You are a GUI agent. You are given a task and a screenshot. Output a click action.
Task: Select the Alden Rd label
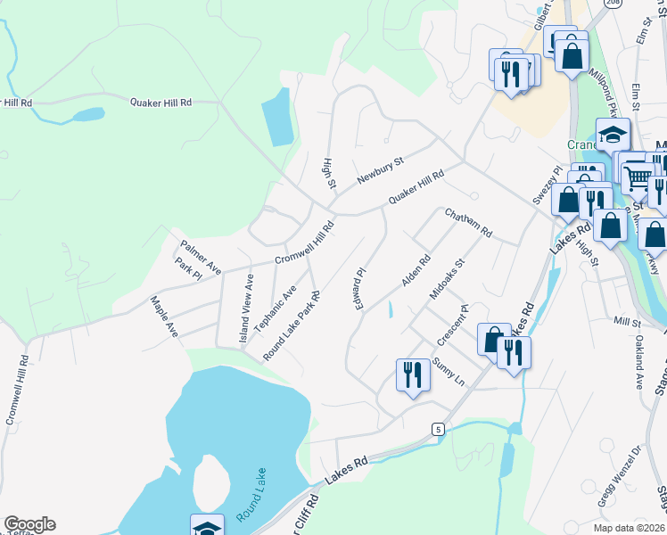pyautogui.click(x=416, y=271)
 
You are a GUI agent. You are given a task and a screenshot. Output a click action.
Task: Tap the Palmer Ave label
pyautogui.click(x=200, y=255)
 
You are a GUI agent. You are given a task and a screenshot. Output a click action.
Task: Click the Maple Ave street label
pyautogui.click(x=164, y=316)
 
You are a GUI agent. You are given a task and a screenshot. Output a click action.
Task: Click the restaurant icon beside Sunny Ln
pyautogui.click(x=413, y=374)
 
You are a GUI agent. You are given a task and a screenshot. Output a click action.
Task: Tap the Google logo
pyautogui.click(x=29, y=524)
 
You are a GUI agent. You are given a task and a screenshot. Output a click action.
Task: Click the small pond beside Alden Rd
pyautogui.click(x=390, y=310)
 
